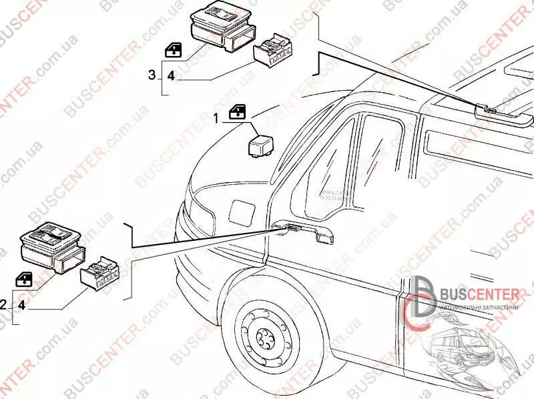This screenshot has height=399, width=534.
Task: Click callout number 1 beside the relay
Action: click(216, 118)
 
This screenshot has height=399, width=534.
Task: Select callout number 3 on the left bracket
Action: click(152, 74)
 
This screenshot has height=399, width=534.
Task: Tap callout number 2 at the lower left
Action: click(3, 305)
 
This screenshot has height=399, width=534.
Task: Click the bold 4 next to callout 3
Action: click(170, 75)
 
